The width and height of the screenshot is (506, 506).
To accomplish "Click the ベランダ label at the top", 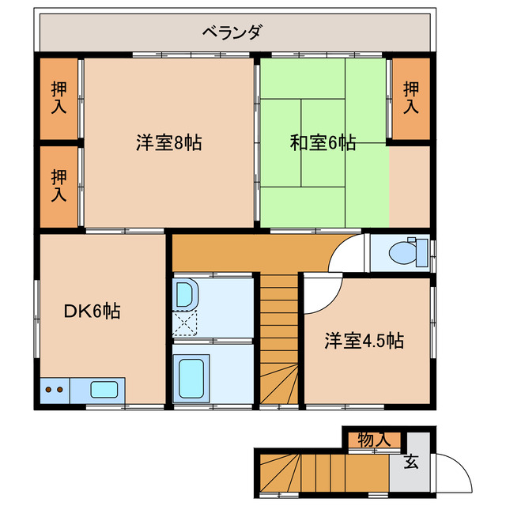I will (x=232, y=32).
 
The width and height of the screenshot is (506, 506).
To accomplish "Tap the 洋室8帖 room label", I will (x=168, y=143).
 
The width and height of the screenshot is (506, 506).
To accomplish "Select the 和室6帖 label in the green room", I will (x=322, y=143).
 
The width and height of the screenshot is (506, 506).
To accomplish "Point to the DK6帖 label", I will (x=92, y=312).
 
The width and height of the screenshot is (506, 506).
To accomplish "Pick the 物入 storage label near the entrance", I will (x=373, y=440).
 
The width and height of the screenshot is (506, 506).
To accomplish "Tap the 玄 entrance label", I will (x=411, y=462).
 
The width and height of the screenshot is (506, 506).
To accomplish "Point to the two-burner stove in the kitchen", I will (x=55, y=389).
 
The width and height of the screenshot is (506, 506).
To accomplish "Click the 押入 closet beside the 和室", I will (x=410, y=98).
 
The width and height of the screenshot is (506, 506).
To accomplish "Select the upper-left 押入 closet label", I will (x=59, y=98).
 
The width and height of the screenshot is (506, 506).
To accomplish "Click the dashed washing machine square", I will (x=187, y=323).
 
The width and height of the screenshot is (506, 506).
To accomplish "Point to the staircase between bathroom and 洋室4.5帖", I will (x=279, y=340).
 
